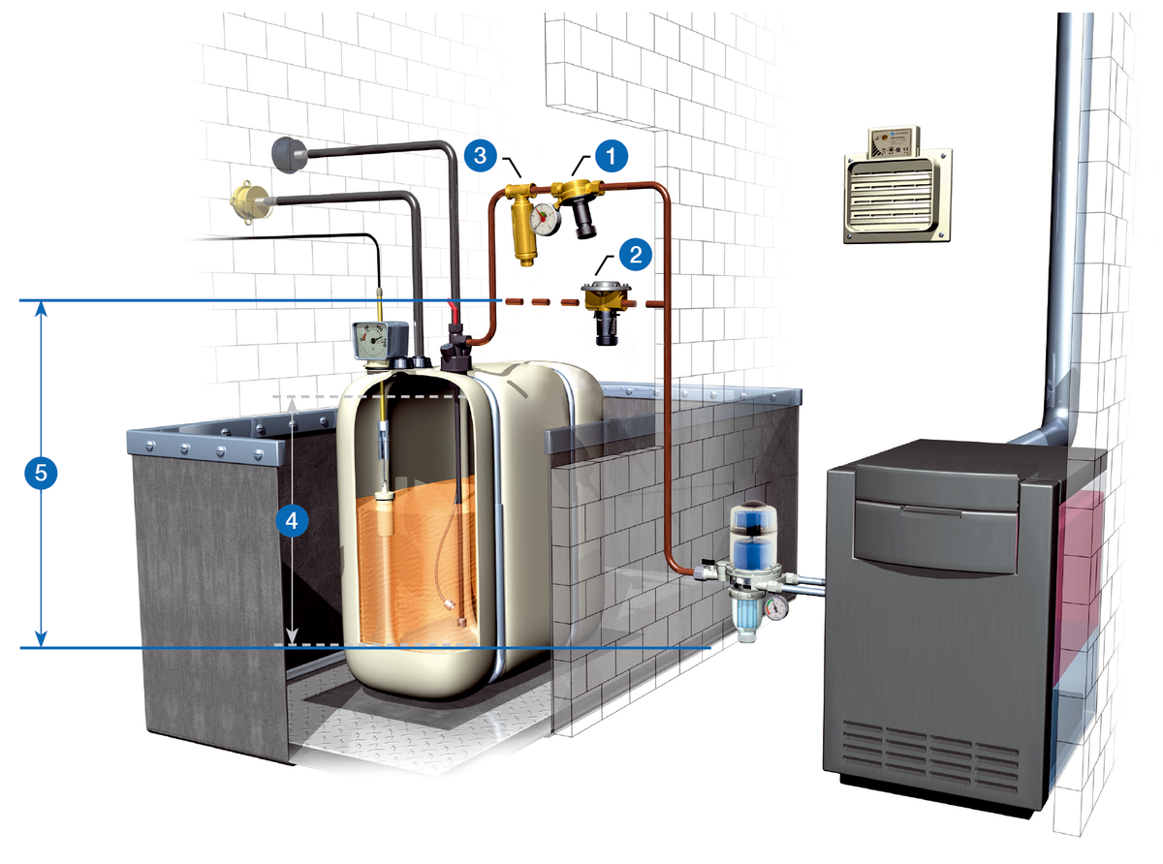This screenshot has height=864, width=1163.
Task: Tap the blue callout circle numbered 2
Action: tap(635, 255)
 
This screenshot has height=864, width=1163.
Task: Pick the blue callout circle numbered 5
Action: tap(41, 473)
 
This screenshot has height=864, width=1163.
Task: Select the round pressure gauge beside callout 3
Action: tap(546, 218)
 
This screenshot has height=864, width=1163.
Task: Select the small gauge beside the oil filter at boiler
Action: tap(777, 608)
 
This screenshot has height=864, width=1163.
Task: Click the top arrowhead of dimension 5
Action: tap(41, 308)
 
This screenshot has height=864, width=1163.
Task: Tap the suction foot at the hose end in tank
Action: tap(455, 609)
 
